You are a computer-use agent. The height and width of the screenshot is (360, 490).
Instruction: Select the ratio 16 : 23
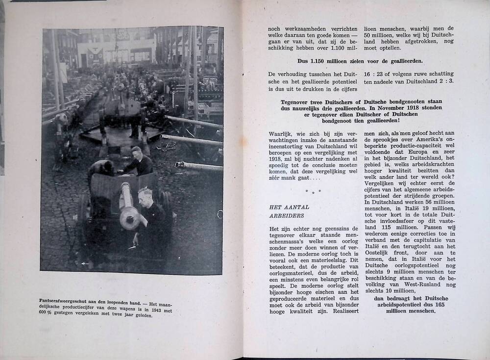pos(375,73)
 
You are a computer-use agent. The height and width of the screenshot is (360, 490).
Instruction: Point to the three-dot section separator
pos(313,191)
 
